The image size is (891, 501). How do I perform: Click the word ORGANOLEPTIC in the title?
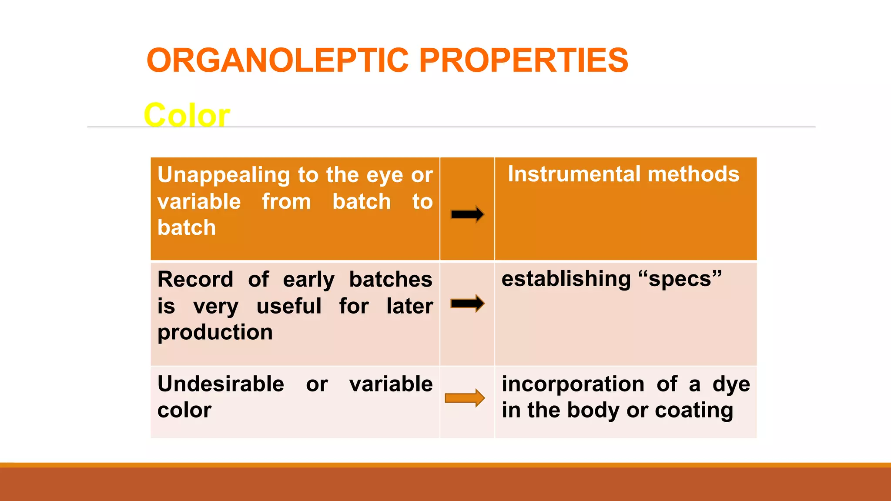[278, 60]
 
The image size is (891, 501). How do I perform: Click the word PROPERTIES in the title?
[523, 60]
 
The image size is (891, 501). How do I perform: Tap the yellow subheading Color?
[187, 115]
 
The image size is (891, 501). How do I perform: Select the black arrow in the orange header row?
[467, 214]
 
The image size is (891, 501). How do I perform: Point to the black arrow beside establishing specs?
[467, 303]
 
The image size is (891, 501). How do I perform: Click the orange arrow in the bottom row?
[465, 397]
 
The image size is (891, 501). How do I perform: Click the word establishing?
[566, 279]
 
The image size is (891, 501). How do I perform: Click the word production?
[215, 333]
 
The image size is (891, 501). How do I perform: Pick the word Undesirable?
[221, 384]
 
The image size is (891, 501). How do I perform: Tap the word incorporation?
[573, 384]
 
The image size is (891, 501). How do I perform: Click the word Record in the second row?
[195, 279]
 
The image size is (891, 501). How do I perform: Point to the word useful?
[289, 306]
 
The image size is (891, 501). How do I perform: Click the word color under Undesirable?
[184, 410]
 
